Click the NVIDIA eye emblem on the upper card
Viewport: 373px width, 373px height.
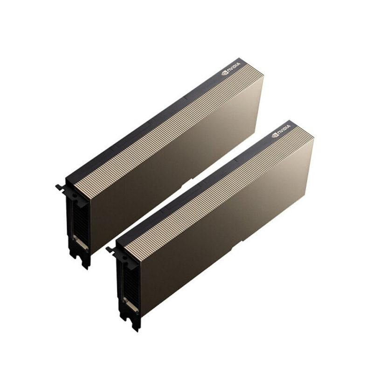224,73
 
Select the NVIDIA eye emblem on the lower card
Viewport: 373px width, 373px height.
275,135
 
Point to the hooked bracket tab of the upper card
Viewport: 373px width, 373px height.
60,187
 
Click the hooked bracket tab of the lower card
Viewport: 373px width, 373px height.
111,250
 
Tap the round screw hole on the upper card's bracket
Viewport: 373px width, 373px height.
75,196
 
